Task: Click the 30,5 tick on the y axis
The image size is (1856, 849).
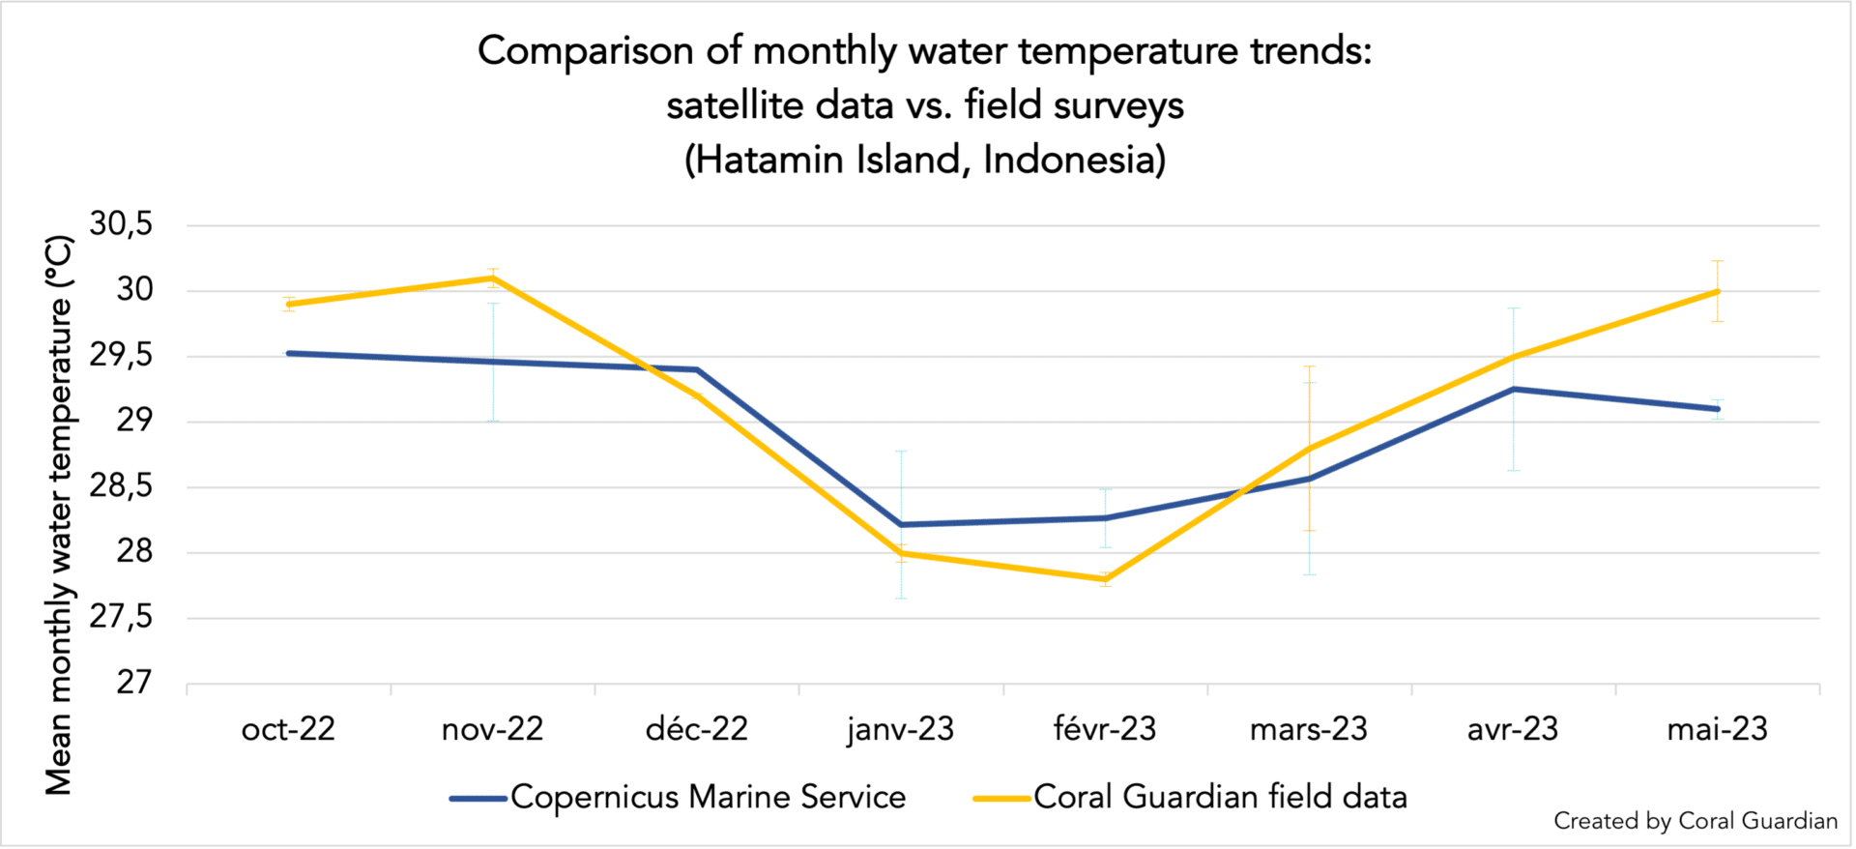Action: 121,224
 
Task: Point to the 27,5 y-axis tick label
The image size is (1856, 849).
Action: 121,617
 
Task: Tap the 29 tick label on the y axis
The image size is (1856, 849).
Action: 134,421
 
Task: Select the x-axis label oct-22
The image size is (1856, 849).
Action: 288,729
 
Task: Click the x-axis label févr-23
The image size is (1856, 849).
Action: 1105,729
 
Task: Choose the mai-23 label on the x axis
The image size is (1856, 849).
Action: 1717,729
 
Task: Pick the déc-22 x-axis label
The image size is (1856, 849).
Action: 697,729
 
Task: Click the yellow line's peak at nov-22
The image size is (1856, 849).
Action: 493,278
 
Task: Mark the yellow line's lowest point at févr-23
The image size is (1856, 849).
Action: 1105,579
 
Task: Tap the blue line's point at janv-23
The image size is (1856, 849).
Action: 901,524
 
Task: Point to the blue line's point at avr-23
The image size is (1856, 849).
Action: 1514,389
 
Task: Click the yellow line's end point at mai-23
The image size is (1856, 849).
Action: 1718,291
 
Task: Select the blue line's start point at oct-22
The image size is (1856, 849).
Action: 289,353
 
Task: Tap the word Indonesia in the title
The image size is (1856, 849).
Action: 1074,160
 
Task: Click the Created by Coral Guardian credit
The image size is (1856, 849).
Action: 1695,821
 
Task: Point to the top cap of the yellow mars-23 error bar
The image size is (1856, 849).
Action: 1310,366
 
